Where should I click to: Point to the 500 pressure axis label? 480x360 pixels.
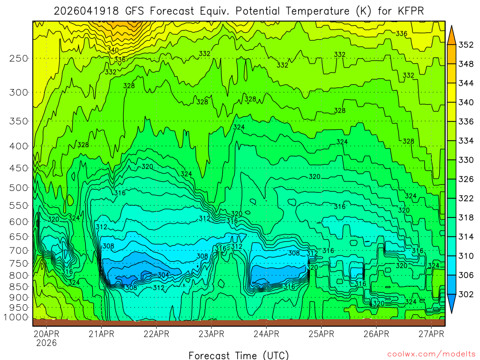(x=18, y=187)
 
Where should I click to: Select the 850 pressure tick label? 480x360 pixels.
(x=18, y=286)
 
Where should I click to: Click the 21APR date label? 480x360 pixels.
(x=101, y=334)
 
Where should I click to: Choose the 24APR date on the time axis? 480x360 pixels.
(x=266, y=334)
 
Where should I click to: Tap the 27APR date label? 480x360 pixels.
(x=431, y=334)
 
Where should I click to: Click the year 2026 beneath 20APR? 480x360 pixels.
(x=45, y=343)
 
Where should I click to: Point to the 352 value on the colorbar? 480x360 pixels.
(x=466, y=45)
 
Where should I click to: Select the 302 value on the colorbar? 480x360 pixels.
(x=466, y=294)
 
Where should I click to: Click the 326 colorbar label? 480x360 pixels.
(x=466, y=179)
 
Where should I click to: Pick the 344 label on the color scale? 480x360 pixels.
(x=466, y=83)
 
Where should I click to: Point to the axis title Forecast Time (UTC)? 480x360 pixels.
(x=239, y=355)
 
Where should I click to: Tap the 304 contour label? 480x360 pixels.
(x=163, y=275)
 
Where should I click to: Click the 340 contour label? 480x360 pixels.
(x=113, y=50)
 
